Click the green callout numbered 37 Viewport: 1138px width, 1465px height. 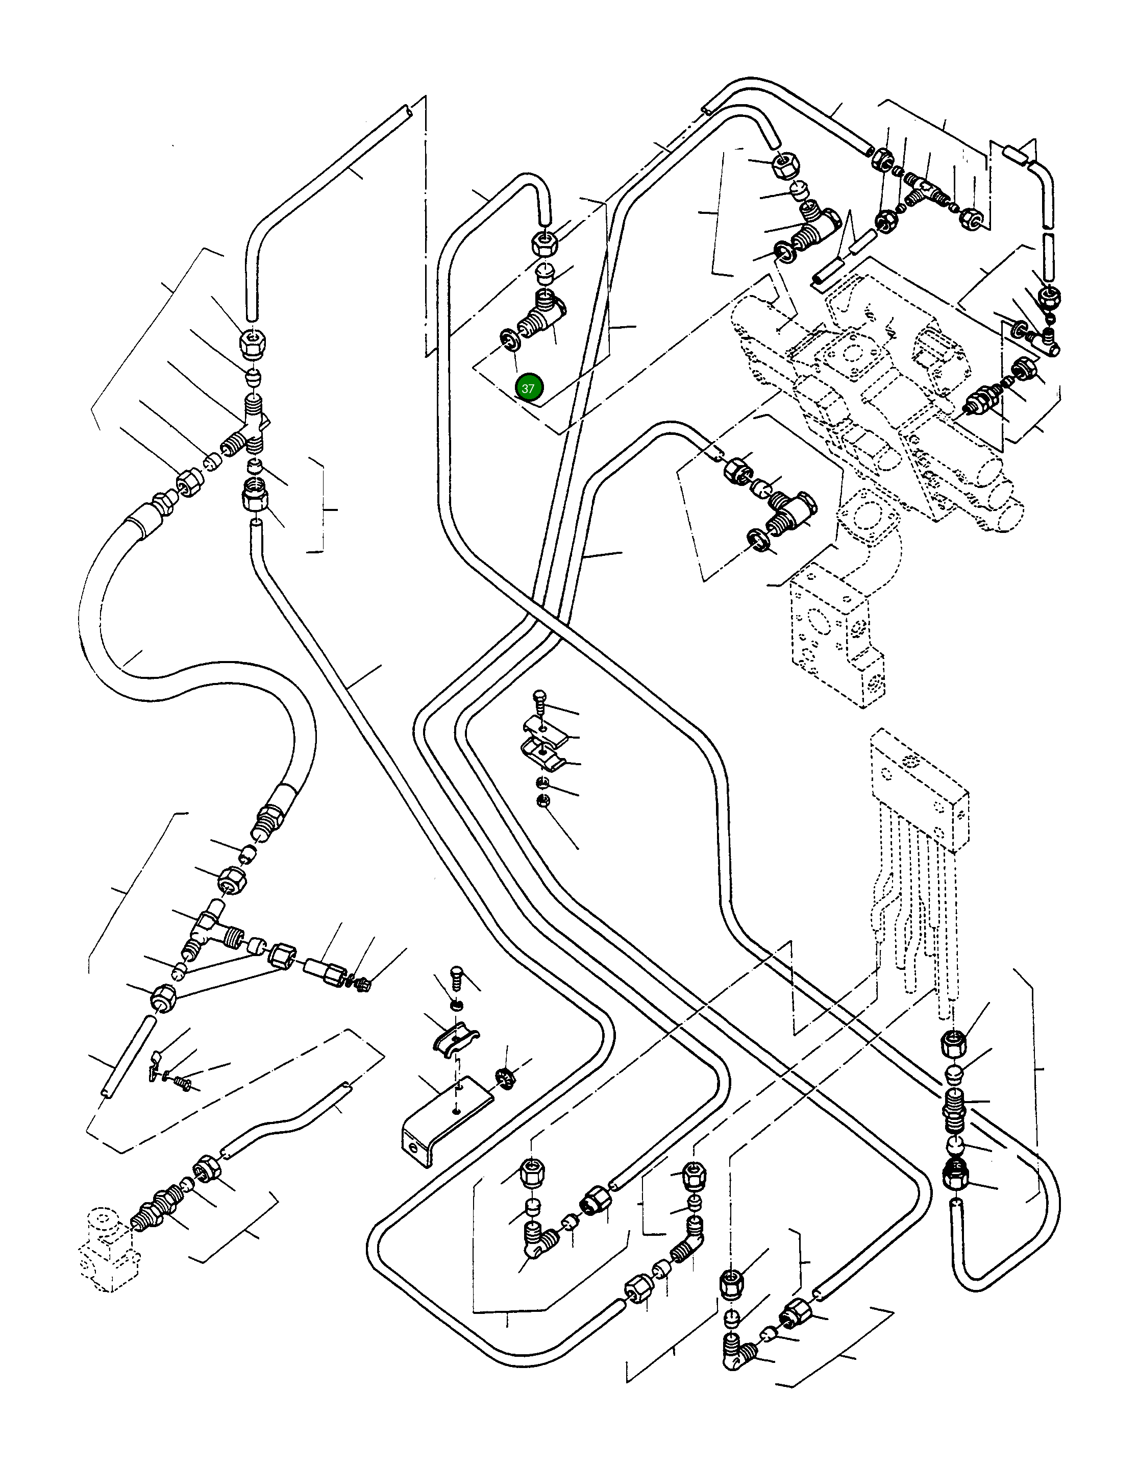[528, 388]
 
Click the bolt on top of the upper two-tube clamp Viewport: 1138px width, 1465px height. [539, 701]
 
